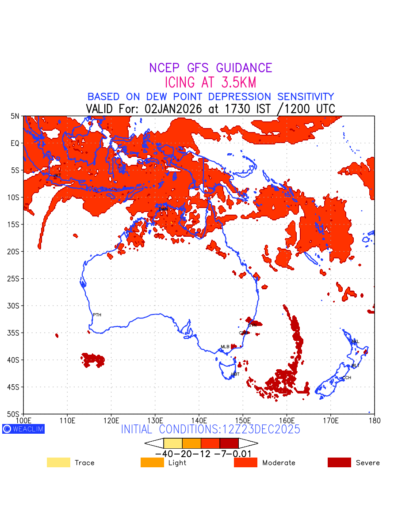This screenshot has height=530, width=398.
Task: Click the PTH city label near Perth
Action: pyautogui.click(x=97, y=315)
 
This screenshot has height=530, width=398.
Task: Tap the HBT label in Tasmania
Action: pyautogui.click(x=235, y=374)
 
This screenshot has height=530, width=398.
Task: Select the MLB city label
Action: pyautogui.click(x=225, y=347)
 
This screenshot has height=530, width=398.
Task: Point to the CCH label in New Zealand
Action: pyautogui.click(x=347, y=378)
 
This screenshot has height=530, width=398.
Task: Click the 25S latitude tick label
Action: pyautogui.click(x=15, y=279)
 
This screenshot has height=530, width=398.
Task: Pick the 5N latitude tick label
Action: pyautogui.click(x=15, y=116)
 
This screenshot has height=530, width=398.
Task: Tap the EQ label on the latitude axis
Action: pyautogui.click(x=15, y=143)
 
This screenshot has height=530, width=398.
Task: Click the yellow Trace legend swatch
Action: pyautogui.click(x=58, y=462)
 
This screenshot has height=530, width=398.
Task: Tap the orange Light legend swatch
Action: pyautogui.click(x=152, y=462)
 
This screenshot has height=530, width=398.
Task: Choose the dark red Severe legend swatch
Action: pyautogui.click(x=339, y=462)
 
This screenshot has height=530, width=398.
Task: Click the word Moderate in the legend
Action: pyautogui.click(x=279, y=463)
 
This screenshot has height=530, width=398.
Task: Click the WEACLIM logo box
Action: pyautogui.click(x=23, y=429)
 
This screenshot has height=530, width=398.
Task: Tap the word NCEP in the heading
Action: pyautogui.click(x=165, y=68)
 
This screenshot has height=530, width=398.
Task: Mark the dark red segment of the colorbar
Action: pyautogui.click(x=229, y=443)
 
